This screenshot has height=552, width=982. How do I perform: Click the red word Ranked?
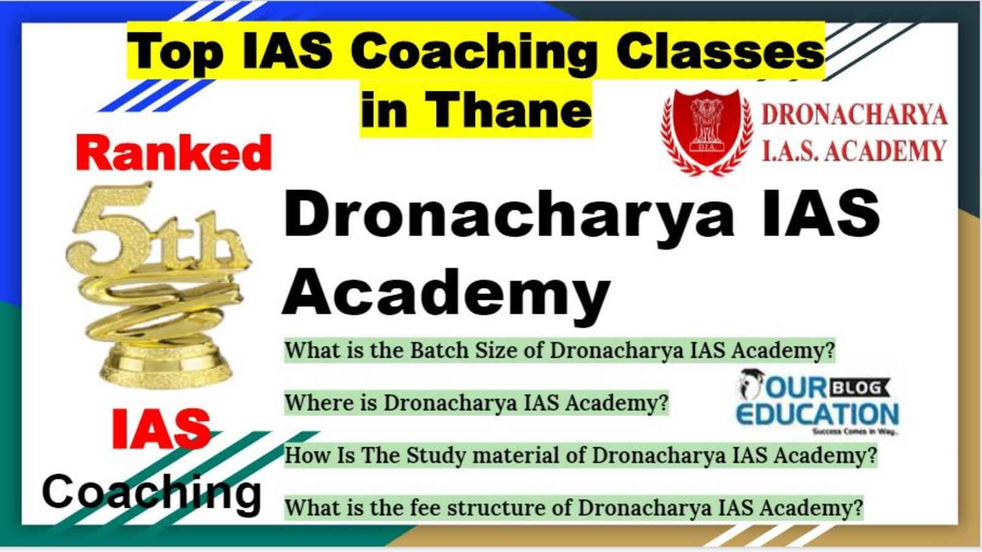[174, 153]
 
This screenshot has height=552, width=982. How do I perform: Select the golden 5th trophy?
[159, 285]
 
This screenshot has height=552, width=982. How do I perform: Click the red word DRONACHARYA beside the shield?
[854, 115]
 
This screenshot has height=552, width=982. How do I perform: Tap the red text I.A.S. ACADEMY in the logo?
[854, 151]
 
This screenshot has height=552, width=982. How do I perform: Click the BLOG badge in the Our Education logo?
[859, 388]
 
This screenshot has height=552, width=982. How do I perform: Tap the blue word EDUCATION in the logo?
[817, 414]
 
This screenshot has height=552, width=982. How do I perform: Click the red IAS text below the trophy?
[161, 429]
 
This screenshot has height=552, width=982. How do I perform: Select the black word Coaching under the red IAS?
[152, 493]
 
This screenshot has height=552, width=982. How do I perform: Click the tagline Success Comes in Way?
[855, 432]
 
